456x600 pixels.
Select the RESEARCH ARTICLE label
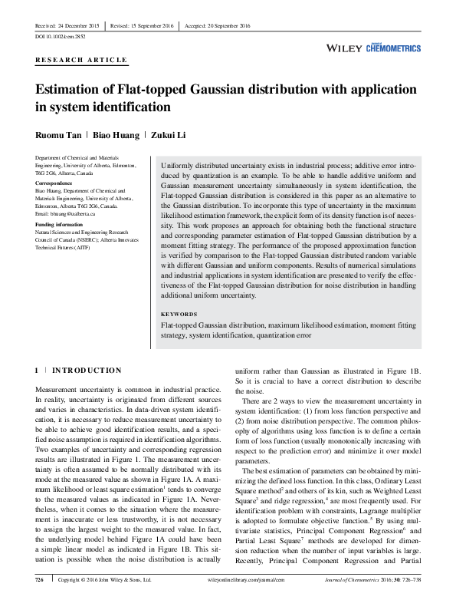81,59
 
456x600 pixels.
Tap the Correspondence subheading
56,184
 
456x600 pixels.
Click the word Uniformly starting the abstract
181,166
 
